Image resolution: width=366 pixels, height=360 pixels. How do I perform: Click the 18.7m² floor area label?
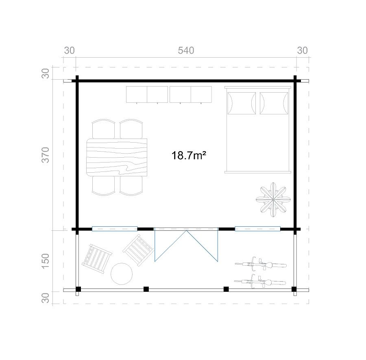189,155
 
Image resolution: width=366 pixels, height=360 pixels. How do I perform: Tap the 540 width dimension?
186,50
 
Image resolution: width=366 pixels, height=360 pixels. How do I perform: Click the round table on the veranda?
122,274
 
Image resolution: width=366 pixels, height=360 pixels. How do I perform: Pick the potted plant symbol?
273,200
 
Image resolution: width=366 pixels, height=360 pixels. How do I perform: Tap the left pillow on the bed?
242,103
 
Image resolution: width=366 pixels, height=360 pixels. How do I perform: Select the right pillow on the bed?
274,103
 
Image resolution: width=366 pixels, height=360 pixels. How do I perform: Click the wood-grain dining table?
117,157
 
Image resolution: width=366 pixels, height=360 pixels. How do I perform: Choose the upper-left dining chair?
103,129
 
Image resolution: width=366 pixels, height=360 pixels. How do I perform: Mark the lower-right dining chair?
131,186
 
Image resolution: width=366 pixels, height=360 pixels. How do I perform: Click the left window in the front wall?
115,229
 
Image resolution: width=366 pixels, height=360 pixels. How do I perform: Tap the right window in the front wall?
257,229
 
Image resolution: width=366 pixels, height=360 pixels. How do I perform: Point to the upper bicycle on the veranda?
261,265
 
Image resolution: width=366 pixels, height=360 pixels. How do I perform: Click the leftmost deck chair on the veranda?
97,258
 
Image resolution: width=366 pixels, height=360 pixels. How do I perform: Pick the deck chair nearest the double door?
138,250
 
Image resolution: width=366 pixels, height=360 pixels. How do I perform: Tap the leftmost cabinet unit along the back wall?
137,94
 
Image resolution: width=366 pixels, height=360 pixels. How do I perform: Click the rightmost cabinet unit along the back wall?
201,94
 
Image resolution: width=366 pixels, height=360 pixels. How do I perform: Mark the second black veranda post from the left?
146,289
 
